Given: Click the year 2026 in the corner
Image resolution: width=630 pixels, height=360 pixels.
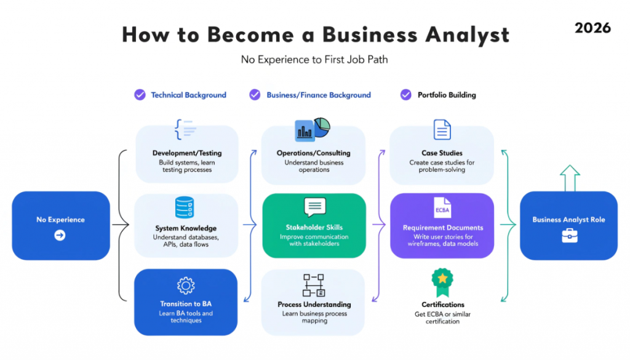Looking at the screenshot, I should [x=593, y=28].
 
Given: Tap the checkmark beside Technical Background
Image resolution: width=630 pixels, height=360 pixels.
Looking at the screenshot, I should [x=140, y=95].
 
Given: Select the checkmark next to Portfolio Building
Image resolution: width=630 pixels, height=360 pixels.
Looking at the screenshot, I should [x=405, y=95].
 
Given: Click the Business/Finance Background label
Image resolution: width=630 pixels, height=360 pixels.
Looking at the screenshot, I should [x=318, y=95].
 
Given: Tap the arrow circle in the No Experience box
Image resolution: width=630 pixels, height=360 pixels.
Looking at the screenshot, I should [x=60, y=234].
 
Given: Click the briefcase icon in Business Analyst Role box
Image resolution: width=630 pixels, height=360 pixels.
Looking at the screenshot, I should [x=569, y=235].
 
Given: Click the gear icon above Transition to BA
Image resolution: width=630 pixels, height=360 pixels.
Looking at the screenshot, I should [x=185, y=286].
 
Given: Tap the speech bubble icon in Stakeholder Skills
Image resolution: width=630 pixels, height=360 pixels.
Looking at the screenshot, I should [x=314, y=207].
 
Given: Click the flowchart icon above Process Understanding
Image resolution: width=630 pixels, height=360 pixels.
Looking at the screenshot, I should [x=314, y=285].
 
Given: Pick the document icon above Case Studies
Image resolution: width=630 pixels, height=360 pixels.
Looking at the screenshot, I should [x=442, y=130].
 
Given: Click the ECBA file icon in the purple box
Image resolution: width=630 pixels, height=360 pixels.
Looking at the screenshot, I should [x=442, y=207].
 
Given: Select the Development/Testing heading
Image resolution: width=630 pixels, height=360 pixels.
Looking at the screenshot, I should [x=186, y=153].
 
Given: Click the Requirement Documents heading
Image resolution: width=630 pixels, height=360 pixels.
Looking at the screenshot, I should [x=442, y=228].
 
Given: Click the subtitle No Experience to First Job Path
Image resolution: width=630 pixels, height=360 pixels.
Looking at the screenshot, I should [x=314, y=60].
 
